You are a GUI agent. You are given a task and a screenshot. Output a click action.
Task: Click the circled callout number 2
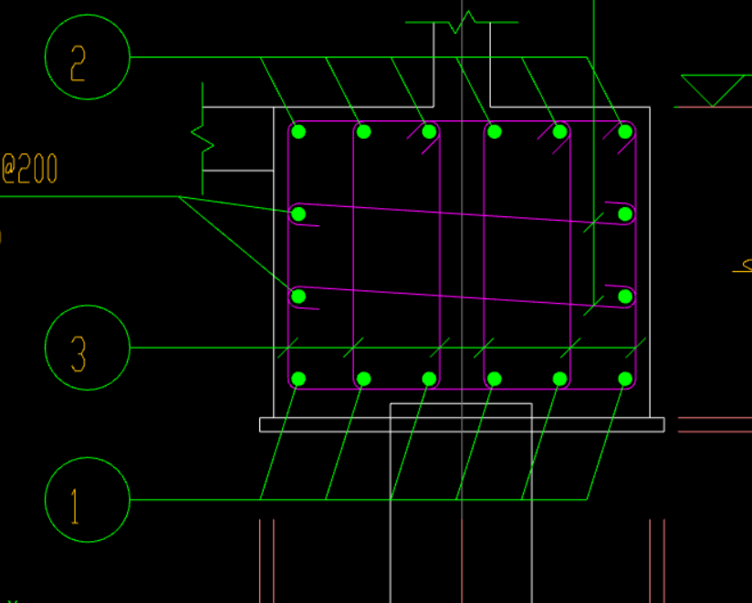point(88,57)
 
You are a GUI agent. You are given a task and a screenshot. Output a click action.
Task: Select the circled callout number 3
point(88,348)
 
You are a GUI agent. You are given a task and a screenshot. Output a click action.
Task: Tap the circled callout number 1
point(88,500)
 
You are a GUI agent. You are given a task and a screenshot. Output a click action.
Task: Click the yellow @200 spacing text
point(29,169)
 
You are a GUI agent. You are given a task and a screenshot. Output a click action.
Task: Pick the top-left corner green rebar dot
point(298,132)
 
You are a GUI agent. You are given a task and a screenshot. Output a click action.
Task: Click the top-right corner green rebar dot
point(625,132)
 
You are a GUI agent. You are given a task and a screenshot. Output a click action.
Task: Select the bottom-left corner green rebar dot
point(298,379)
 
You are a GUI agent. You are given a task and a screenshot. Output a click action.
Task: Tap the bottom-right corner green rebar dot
point(625,379)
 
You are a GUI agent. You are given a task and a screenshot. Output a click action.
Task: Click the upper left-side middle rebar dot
point(298,214)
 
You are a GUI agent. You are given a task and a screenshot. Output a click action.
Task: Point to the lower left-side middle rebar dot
point(298,296)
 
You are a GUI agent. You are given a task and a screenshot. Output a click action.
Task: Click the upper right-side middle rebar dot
point(625,214)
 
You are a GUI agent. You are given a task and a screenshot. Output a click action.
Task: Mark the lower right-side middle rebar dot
point(625,296)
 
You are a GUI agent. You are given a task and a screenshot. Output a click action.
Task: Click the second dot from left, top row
point(363,132)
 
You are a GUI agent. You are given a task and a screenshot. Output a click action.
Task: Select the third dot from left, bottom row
point(429,379)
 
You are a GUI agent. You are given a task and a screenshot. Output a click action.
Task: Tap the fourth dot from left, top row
point(495,132)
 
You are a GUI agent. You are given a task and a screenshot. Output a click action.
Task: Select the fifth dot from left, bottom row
point(559,379)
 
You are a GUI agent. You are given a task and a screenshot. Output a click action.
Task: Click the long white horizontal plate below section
point(462,424)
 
